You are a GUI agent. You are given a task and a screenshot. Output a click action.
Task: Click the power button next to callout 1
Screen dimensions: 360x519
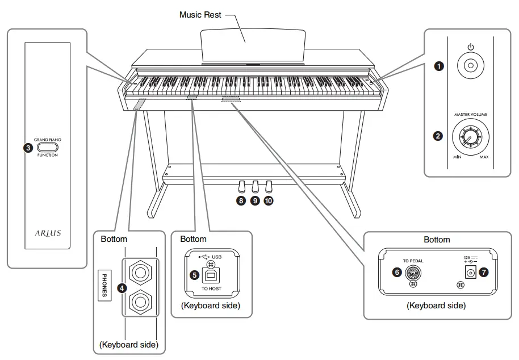470,66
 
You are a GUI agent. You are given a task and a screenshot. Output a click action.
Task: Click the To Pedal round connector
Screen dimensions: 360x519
413,273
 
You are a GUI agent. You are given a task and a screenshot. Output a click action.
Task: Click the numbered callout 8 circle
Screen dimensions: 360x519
241,201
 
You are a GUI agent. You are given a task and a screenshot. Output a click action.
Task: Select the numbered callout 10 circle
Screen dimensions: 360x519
268,201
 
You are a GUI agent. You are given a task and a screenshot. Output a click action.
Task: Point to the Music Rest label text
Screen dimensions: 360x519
200,15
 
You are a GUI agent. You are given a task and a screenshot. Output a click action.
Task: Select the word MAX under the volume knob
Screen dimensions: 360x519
484,157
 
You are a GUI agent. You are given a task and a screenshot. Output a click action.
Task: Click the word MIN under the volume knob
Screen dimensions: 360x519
457,157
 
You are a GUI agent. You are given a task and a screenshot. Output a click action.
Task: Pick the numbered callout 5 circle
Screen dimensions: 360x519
195,275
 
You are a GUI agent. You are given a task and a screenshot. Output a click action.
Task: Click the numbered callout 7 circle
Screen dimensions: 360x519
483,273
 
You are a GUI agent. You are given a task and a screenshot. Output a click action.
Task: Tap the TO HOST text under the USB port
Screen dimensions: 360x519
212,289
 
